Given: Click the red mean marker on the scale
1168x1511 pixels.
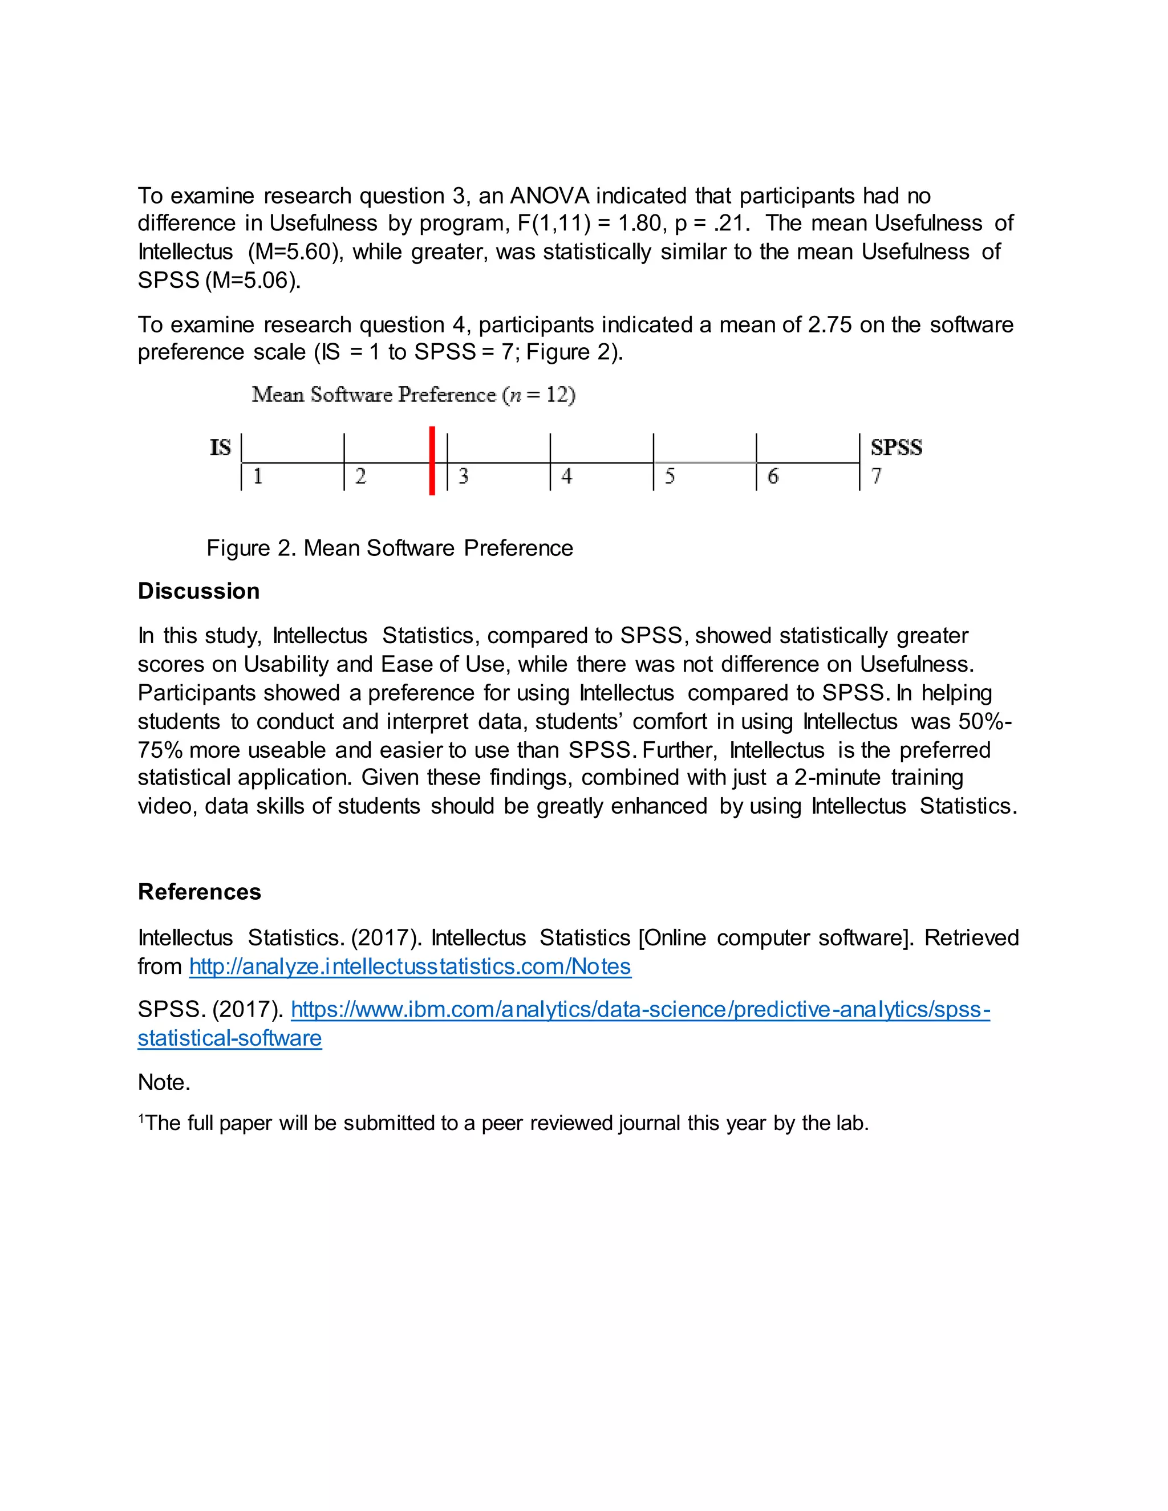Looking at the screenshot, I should coord(432,460).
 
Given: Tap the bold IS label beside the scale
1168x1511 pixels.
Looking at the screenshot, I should coord(220,448).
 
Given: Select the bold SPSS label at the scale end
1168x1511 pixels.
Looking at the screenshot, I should coord(896,448).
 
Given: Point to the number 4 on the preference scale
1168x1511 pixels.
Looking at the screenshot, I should coord(567,476).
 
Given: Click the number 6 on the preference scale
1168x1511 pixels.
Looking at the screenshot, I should coord(773,476).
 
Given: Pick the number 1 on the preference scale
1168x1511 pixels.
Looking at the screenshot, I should coord(257,476).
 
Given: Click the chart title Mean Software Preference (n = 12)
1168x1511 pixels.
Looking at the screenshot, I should coord(413,395).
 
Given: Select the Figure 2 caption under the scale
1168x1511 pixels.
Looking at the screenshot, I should coord(390,548).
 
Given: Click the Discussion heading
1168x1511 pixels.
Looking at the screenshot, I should coord(198,591).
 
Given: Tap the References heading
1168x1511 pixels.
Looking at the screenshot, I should coord(199,892).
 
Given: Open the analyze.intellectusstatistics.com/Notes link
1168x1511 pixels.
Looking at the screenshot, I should coord(409,966).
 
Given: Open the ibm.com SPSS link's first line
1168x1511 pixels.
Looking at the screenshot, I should coord(640,1009).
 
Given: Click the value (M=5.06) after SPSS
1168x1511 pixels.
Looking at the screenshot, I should coord(253,280).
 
